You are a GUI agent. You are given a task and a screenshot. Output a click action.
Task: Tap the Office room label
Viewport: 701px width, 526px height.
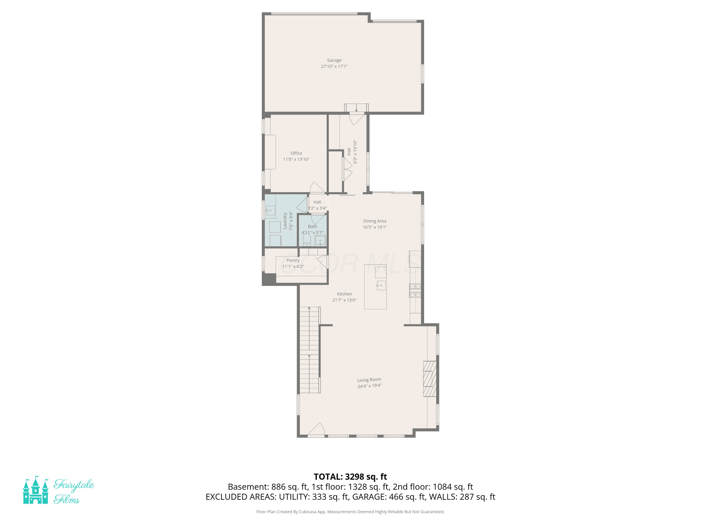(x=296, y=153)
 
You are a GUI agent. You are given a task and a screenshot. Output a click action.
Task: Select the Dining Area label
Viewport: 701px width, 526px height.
(x=375, y=221)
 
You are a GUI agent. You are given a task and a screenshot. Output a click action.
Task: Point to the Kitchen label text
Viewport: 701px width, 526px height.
(x=344, y=294)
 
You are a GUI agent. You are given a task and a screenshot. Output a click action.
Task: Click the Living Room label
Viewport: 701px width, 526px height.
(x=369, y=380)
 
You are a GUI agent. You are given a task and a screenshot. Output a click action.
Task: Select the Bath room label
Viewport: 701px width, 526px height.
(x=312, y=226)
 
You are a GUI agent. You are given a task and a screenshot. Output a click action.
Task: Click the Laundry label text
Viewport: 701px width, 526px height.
(x=285, y=221)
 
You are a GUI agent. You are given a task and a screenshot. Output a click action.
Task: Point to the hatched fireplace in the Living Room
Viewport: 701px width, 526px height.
(x=430, y=379)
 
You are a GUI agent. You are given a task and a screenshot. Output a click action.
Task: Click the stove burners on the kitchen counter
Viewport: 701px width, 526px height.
(x=415, y=290)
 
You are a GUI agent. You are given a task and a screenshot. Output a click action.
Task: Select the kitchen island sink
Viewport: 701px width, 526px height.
(x=381, y=285)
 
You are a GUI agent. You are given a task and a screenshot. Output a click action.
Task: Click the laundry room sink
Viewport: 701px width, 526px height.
(x=270, y=210)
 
